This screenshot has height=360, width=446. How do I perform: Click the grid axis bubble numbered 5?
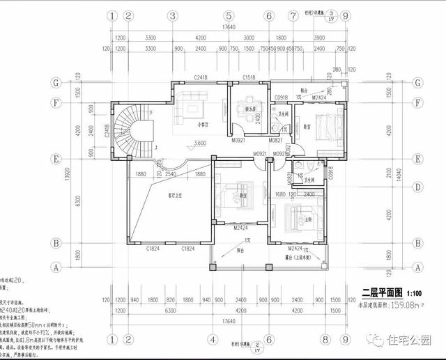[x=228, y=15]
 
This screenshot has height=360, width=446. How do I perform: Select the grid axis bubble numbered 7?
[x=292, y=15]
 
